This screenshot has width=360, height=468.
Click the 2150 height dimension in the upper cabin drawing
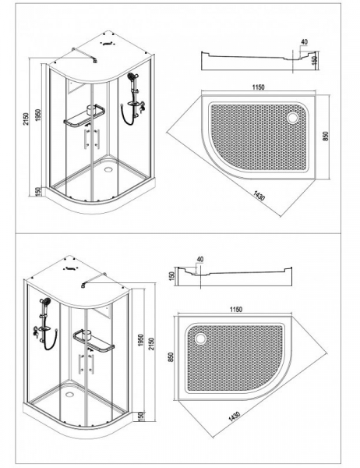pos(26,119)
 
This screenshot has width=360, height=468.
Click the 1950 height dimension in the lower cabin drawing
pos(141,340)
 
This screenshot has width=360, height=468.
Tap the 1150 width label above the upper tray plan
pos(258,87)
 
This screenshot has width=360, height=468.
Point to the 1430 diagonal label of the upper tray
pos(259,196)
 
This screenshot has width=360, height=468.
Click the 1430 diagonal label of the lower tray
pos(234,417)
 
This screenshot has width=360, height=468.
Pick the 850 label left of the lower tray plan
pos(171,357)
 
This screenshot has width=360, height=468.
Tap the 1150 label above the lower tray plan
pos(236,310)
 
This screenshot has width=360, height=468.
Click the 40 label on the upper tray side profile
pos(304,42)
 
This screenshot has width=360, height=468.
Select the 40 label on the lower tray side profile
pos(200,259)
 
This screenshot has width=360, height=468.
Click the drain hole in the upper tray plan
pos(292,117)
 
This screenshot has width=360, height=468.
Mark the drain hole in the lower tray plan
pos(200,339)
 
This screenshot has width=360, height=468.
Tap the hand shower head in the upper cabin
pos(131,77)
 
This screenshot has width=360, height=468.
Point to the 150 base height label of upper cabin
pos(38,192)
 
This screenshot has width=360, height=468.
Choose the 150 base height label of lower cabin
pos(141,416)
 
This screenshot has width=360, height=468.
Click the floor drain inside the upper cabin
pos(108,170)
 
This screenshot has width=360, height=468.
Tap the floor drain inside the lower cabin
pos(70,394)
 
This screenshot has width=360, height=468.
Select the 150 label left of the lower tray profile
pos(171,276)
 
